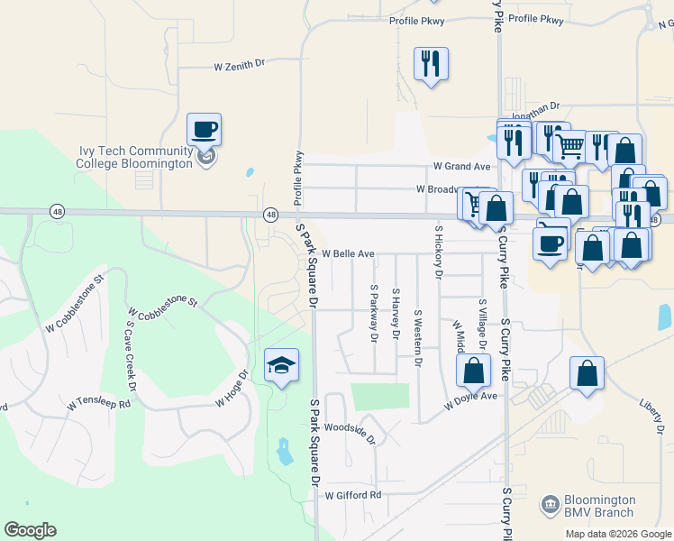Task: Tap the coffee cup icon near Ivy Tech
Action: pos(205,129)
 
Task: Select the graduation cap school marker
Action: pos(281,365)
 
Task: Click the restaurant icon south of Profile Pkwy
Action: pos(431,63)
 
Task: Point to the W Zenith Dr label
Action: pos(241,65)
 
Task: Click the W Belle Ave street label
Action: pos(348,254)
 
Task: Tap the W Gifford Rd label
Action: pos(354,495)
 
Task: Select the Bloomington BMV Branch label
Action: pos(600,506)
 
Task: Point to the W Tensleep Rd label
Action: pos(99,402)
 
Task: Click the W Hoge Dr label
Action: pos(232,389)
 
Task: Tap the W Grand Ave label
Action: pos(461,167)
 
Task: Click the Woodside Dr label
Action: pos(349,432)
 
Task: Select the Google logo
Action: pos(30,530)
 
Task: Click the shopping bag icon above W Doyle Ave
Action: pos(473,371)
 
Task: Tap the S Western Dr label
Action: pos(417,338)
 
